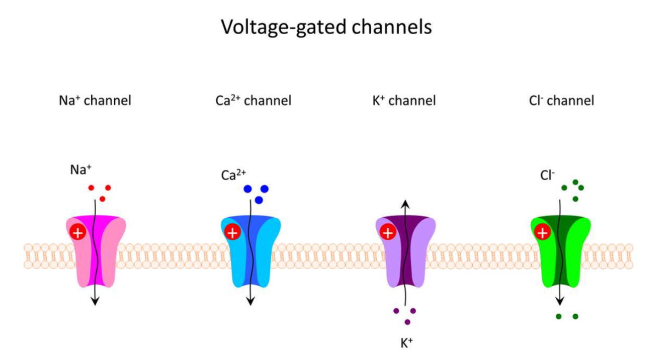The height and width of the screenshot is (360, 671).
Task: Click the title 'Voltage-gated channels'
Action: coord(326,27)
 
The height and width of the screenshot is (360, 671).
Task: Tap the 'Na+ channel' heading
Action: coord(95,101)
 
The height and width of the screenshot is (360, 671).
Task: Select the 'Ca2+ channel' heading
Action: coord(254,101)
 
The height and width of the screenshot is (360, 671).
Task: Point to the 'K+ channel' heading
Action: coord(404,101)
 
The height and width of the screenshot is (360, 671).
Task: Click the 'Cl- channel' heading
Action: coord(561,101)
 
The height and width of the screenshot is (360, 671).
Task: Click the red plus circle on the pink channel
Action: coord(77,233)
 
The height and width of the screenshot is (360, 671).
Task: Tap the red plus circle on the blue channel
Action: coord(232,233)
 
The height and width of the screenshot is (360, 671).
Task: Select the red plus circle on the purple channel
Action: coord(387,233)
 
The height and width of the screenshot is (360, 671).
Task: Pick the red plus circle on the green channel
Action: coord(542,233)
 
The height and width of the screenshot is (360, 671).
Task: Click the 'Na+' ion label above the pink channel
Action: coord(80,170)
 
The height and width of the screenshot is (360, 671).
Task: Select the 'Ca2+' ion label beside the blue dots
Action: coord(233,175)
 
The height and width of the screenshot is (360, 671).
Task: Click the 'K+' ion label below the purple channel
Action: coord(406,344)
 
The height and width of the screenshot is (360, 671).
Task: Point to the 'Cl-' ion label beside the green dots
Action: coord(547,175)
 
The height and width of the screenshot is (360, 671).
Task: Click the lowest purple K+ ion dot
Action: coord(407,322)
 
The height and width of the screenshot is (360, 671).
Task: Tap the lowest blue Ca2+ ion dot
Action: coord(259,200)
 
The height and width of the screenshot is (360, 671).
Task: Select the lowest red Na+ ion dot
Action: coord(103,199)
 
